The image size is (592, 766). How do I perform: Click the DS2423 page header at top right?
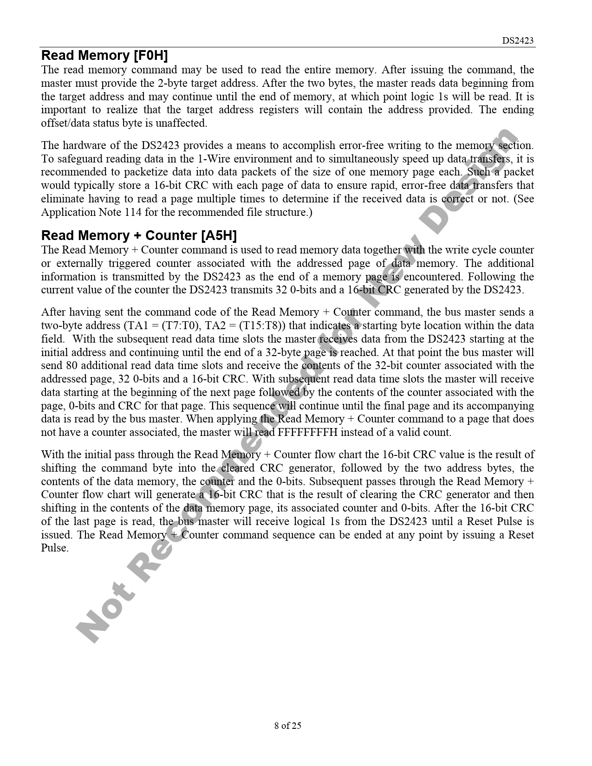click(x=518, y=41)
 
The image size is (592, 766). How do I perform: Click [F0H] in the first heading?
click(x=150, y=56)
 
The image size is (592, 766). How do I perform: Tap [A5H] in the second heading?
click(x=219, y=236)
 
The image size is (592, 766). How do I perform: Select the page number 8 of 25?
click(x=288, y=726)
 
